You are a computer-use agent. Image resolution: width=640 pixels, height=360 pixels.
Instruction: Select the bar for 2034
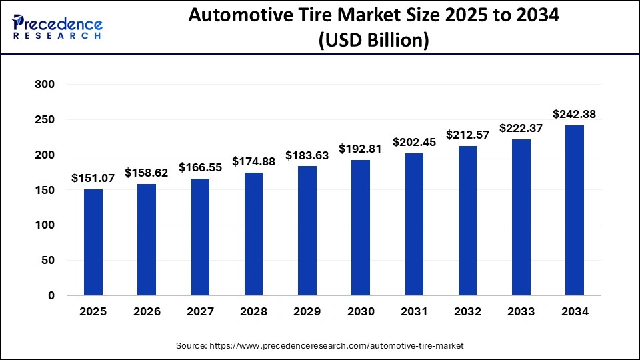(x=574, y=210)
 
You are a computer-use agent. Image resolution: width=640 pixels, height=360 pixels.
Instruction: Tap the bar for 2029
(x=307, y=231)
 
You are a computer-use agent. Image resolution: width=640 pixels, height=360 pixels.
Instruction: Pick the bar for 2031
(x=413, y=224)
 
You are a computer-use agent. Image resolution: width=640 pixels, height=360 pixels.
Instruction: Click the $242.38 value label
(x=574, y=114)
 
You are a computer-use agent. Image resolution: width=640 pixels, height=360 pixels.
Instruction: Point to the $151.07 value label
(x=93, y=178)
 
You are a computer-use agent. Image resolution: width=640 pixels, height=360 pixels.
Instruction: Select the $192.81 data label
(x=360, y=149)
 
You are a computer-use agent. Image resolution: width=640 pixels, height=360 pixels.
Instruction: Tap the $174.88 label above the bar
(x=253, y=161)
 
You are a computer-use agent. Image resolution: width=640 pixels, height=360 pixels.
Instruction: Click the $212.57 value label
(x=467, y=135)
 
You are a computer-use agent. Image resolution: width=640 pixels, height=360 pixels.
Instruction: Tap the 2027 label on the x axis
(x=200, y=311)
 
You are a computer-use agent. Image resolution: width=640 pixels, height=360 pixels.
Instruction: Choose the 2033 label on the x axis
(x=521, y=311)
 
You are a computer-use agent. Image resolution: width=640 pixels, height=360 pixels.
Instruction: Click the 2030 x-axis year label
(x=360, y=311)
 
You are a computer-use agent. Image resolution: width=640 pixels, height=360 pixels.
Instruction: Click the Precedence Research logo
(x=57, y=27)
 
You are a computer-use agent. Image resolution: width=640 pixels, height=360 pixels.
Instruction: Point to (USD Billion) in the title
(x=374, y=41)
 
